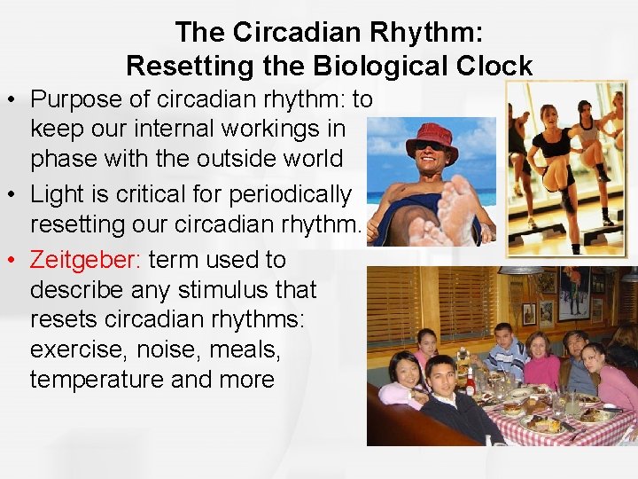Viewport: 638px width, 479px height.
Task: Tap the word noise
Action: tap(167, 349)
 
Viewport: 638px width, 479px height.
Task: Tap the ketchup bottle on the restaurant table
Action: tap(471, 382)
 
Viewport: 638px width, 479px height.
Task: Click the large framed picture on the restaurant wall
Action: tap(574, 293)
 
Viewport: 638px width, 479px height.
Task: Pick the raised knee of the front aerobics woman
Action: tap(556, 169)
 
